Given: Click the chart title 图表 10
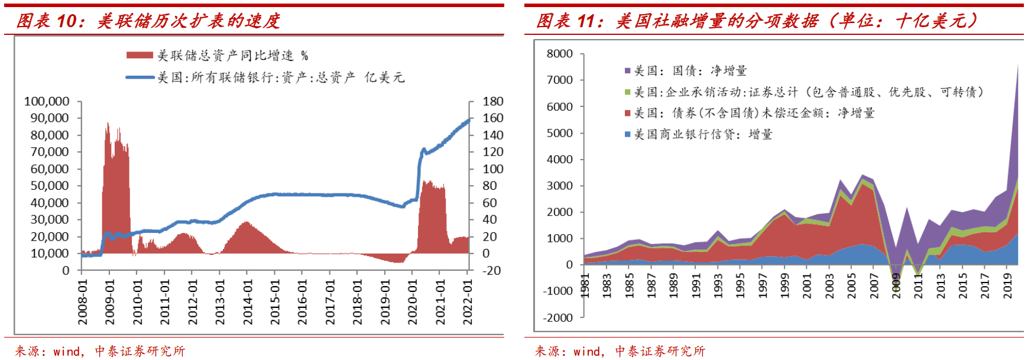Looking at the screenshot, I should (148, 21).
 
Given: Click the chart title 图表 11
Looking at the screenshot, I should (756, 21).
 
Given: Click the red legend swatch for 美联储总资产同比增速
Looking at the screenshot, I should (140, 55).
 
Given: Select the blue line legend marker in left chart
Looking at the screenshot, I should (140, 77).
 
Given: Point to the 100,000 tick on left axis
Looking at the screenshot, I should (47, 102).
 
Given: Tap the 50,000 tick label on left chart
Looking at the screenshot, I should (50, 186).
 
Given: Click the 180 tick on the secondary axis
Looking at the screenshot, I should (492, 102).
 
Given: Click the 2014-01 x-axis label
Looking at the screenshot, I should (248, 302).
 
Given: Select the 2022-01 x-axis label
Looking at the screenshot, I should (468, 302).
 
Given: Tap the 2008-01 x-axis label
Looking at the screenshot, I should (83, 302).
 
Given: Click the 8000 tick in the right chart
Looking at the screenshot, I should (559, 54).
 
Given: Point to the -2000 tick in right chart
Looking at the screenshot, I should (558, 317).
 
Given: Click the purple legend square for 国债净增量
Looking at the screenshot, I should (628, 71).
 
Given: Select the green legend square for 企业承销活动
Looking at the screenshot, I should (628, 92).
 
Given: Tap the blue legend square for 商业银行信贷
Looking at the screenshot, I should (628, 135).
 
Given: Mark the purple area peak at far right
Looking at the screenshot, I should (1017, 66).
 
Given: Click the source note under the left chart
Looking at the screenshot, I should (100, 351).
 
